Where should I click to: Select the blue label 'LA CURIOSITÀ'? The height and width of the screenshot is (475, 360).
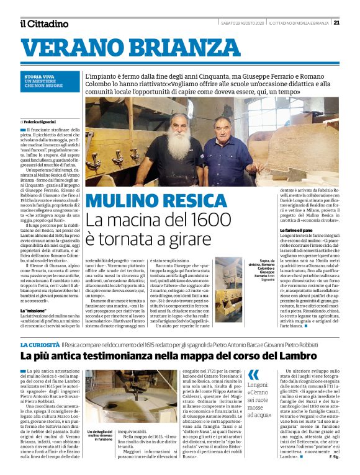(x=40, y=344)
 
